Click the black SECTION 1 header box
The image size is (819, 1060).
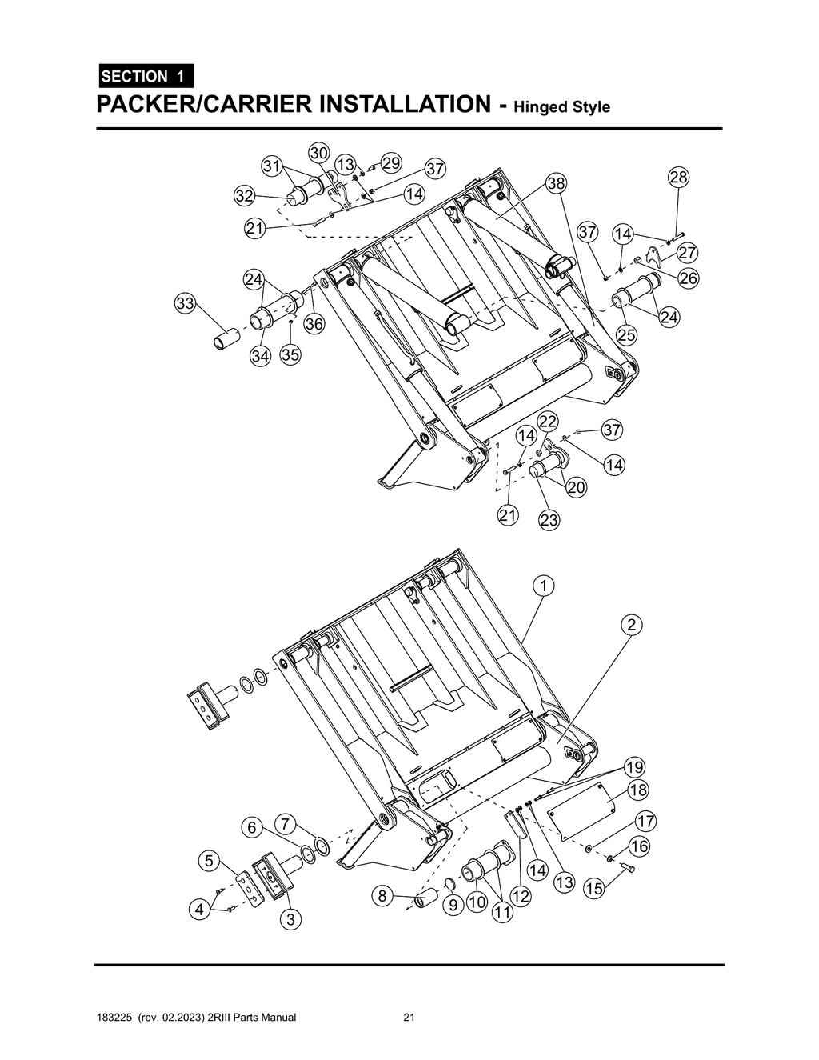point(144,76)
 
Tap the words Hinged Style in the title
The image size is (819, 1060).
point(562,107)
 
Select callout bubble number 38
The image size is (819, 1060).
point(556,184)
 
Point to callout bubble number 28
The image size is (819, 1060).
point(678,177)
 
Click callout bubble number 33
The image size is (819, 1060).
point(186,303)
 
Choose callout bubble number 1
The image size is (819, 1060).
point(544,586)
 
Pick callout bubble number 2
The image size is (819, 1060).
point(632,625)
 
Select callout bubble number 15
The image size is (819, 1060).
point(593,888)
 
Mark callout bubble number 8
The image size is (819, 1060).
point(382,896)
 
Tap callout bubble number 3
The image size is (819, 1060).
point(290,920)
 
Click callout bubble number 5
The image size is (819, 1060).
point(208,861)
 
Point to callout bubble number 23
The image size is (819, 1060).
point(549,520)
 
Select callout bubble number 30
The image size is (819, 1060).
point(318,153)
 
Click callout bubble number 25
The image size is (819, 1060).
point(626,334)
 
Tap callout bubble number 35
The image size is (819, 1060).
point(290,355)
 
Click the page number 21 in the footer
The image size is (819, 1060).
point(409,1018)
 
